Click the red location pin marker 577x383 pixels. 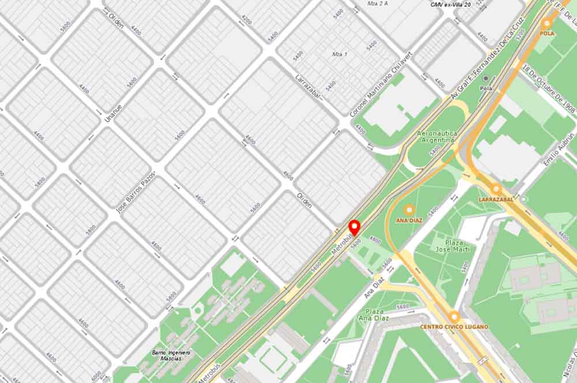pyautogui.click(x=354, y=226)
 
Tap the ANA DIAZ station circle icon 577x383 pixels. pyautogui.click(x=409, y=211)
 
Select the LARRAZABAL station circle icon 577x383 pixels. pyautogui.click(x=496, y=189)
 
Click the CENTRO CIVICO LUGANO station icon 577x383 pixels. pyautogui.click(x=454, y=317)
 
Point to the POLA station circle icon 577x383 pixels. pyautogui.click(x=546, y=24)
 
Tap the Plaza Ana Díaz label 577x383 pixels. pyautogui.click(x=373, y=314)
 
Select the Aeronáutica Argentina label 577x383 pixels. pyautogui.click(x=437, y=137)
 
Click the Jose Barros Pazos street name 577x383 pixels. pyautogui.click(x=136, y=192)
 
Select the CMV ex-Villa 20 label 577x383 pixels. pyautogui.click(x=451, y=5)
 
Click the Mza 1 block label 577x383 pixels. pyautogui.click(x=339, y=54)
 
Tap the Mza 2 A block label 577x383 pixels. pyautogui.click(x=378, y=3)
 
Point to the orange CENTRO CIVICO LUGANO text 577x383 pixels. pyautogui.click(x=454, y=327)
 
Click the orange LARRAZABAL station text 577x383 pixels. pyautogui.click(x=496, y=199)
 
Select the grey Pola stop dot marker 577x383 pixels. pyautogui.click(x=486, y=78)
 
